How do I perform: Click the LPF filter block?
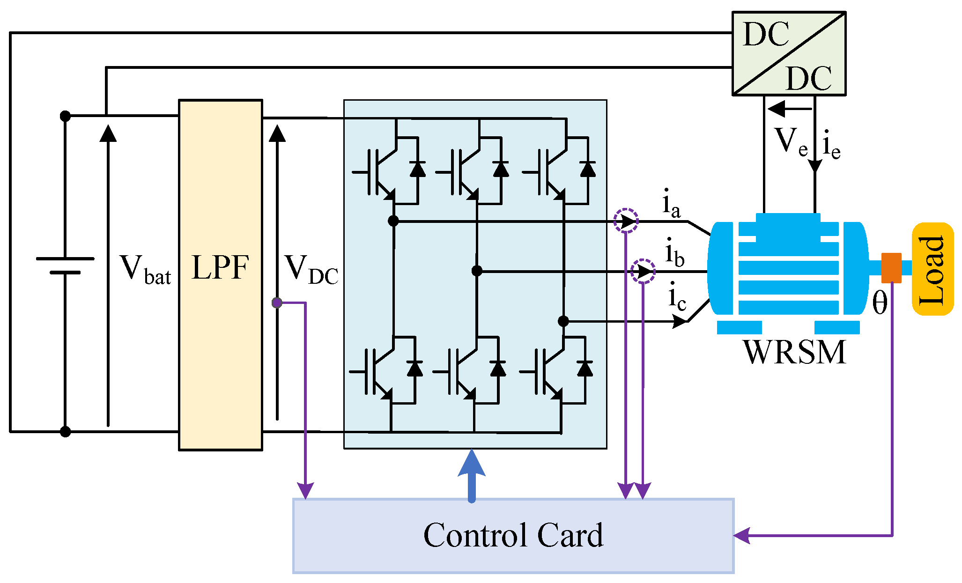221,275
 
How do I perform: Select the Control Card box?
513,536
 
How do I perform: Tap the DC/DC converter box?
789,53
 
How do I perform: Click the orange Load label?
933,269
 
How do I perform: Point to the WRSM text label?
795,352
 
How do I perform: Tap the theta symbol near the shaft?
880,303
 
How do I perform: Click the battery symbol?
65,265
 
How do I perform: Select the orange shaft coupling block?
891,268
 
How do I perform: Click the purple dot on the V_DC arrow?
277,303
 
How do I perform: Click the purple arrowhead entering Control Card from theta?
741,535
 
